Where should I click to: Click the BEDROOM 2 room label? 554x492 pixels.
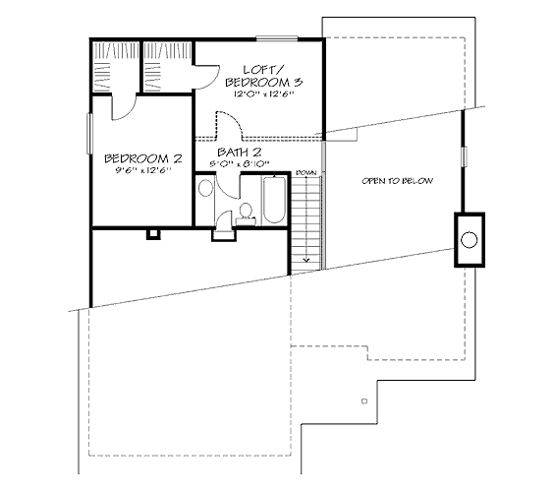click(143, 158)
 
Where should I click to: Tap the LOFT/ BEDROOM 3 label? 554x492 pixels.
click(264, 76)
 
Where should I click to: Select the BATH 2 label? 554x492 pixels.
click(240, 153)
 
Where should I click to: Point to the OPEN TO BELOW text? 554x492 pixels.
click(397, 181)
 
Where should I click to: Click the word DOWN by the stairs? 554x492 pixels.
click(305, 173)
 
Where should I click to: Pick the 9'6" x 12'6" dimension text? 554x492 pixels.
click(143, 170)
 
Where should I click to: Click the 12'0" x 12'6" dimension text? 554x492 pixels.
click(264, 94)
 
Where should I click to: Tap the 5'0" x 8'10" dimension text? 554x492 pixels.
click(240, 164)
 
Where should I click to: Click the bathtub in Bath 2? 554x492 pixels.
click(274, 200)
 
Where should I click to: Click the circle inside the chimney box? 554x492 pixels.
click(470, 240)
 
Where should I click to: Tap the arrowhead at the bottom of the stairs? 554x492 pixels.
click(306, 260)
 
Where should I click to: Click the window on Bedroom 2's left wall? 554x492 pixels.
click(89, 134)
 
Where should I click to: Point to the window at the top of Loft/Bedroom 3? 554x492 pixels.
click(277, 38)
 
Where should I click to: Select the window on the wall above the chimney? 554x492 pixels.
click(465, 156)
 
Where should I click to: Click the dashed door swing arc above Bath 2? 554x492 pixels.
click(229, 124)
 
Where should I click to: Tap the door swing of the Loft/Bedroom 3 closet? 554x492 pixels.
click(207, 77)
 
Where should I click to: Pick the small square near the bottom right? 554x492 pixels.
click(364, 401)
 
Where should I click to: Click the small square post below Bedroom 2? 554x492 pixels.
click(153, 234)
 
